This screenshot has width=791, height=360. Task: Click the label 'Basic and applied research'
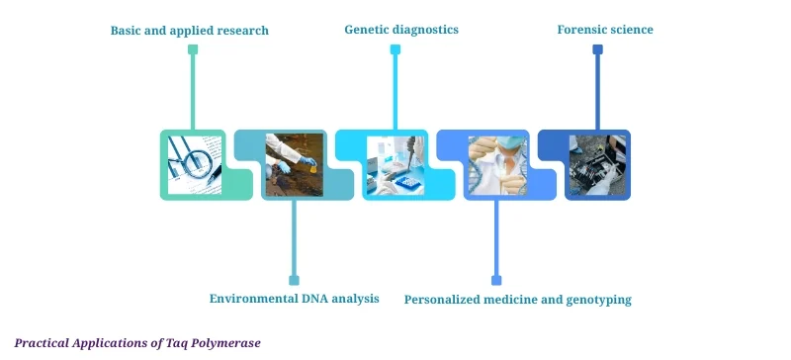point(189,31)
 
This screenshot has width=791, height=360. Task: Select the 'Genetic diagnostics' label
point(400,30)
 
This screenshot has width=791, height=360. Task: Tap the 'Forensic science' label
point(605,30)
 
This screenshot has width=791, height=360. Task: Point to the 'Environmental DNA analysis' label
point(294,298)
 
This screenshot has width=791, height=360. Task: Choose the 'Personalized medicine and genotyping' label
point(517,299)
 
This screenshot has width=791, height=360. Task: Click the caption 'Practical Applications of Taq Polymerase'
point(137,342)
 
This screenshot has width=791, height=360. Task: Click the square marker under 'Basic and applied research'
point(193,49)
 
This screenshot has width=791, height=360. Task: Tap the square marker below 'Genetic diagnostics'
point(395,49)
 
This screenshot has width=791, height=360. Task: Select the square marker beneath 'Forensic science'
point(597,49)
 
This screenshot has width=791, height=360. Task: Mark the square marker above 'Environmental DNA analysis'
point(294,280)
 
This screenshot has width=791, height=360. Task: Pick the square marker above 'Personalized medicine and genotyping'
point(496,280)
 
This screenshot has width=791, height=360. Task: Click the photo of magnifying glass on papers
point(194,164)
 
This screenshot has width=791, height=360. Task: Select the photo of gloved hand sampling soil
point(295,164)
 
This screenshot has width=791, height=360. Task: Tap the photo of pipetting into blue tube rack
point(395,164)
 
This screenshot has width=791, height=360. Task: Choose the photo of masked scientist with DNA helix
point(496,164)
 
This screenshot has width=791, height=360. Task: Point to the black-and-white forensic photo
point(597,164)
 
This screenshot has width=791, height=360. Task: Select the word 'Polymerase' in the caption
point(228,342)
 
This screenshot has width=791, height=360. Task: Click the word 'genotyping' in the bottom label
point(597,299)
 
